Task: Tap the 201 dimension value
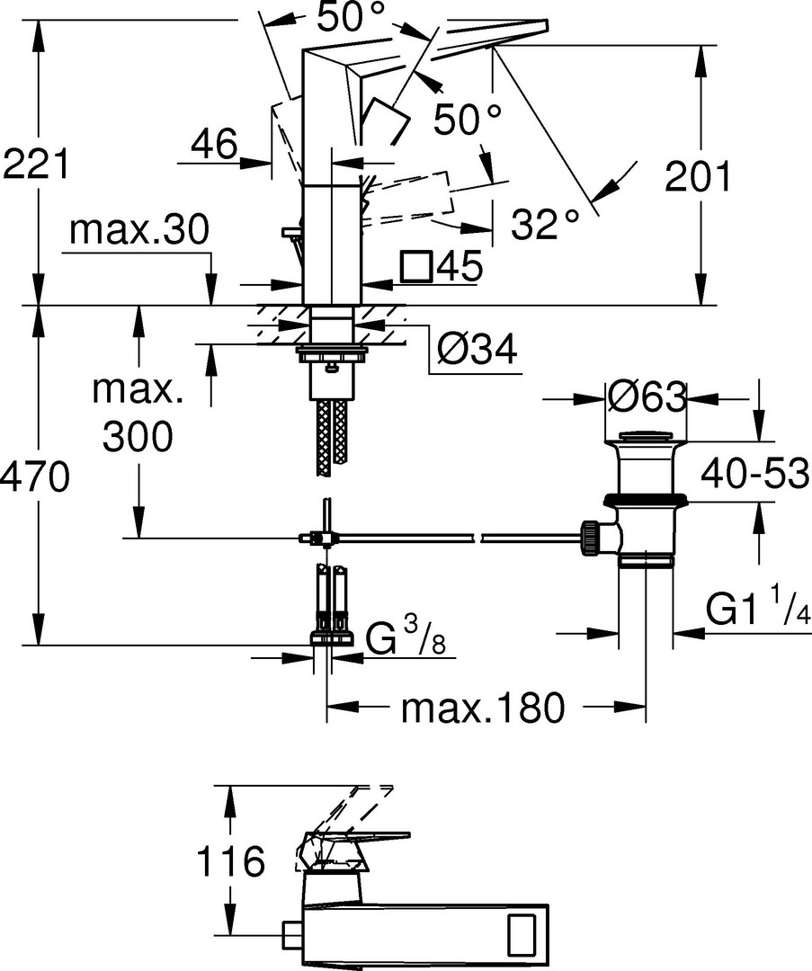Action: tap(697, 176)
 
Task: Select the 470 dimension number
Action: tap(34, 477)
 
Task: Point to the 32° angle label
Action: tap(546, 224)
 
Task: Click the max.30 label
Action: tap(139, 230)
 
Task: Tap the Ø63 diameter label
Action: tap(647, 397)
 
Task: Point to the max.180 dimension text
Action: tap(483, 708)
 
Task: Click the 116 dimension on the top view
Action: tap(230, 861)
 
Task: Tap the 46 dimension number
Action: tap(214, 144)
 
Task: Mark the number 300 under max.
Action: tap(138, 437)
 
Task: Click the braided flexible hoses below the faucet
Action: tap(332, 438)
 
